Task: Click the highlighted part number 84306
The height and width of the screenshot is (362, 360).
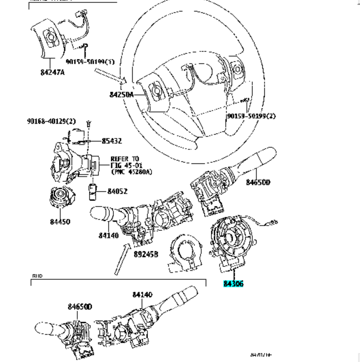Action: point(233,284)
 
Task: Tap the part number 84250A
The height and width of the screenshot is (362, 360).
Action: point(122,94)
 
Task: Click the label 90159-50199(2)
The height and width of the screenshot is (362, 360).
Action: point(251,116)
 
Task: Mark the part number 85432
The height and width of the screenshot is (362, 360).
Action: point(111,141)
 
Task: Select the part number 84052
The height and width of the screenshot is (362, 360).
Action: point(118,192)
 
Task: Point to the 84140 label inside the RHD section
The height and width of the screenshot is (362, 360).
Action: point(142,294)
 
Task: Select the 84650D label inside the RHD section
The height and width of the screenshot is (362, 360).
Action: point(80,307)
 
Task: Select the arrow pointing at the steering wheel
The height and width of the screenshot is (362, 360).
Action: point(109,76)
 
